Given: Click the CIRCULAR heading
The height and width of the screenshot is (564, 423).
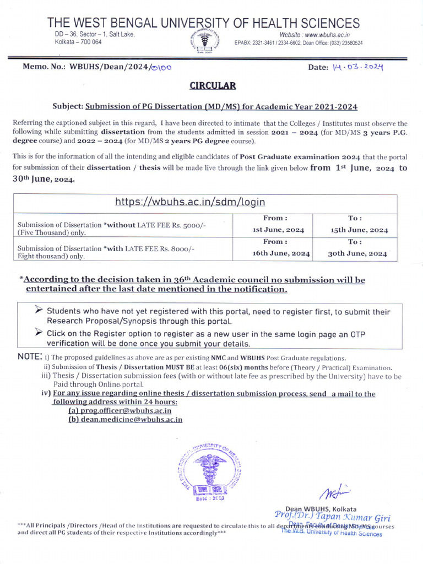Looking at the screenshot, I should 213,85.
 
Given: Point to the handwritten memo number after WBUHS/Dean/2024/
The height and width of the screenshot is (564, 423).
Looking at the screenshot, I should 161,67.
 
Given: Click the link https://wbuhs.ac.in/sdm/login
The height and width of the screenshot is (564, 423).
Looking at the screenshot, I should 190,202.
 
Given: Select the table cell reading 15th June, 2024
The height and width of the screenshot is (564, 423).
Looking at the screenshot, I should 360,230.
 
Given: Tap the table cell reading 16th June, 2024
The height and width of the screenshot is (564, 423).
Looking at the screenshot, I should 278,253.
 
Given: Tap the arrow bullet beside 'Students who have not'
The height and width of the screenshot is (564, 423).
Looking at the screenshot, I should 39,311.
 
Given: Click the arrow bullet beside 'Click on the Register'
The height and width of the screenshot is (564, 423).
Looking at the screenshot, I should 39,332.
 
